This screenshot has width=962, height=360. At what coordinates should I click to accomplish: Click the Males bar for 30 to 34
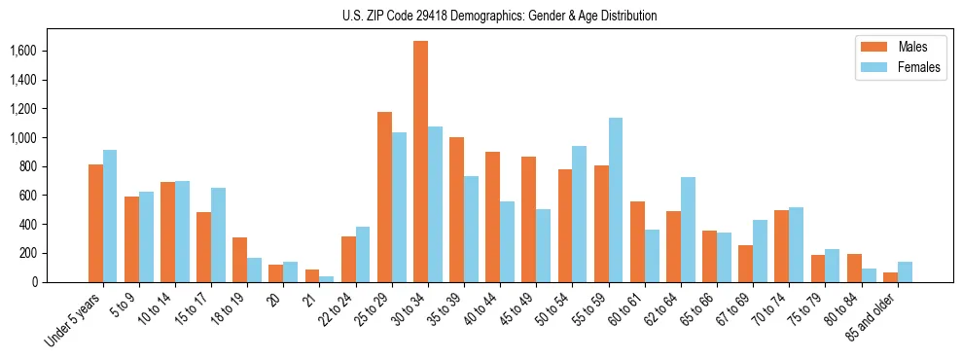point(420,162)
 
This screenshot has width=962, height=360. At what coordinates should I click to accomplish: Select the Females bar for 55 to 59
point(616,199)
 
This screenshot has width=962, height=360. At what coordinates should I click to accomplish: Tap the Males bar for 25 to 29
point(384,197)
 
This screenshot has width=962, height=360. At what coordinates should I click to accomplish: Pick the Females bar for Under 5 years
point(110,216)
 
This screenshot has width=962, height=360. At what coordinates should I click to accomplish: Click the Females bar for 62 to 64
point(688,230)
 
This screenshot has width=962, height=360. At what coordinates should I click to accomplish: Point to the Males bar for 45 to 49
point(529,219)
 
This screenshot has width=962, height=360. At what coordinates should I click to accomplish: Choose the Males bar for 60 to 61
point(637,241)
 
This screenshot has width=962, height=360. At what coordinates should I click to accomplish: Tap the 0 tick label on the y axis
point(61,282)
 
